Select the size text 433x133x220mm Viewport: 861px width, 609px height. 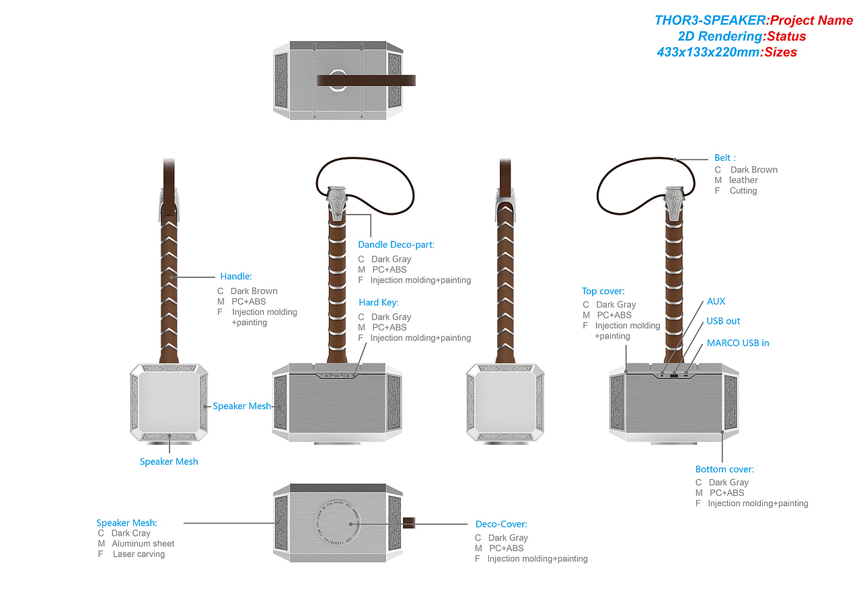(708, 52)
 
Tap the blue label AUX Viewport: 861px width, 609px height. (716, 301)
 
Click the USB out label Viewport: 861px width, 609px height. (723, 321)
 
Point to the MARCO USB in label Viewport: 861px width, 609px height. (738, 343)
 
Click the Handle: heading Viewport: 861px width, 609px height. (236, 276)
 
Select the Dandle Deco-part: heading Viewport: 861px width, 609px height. (396, 244)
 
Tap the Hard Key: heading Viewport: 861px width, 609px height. (378, 302)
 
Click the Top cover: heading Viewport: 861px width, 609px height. (603, 291)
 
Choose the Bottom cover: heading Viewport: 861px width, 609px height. (724, 469)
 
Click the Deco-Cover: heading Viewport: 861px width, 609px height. (501, 524)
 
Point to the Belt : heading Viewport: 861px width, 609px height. (725, 157)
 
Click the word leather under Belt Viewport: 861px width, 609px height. (743, 180)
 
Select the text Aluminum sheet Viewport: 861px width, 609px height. (143, 543)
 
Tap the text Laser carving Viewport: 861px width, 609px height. (139, 554)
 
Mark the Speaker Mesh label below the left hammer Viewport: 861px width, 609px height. (169, 461)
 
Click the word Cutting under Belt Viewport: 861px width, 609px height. (743, 190)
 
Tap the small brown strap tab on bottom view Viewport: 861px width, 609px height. (408, 523)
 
